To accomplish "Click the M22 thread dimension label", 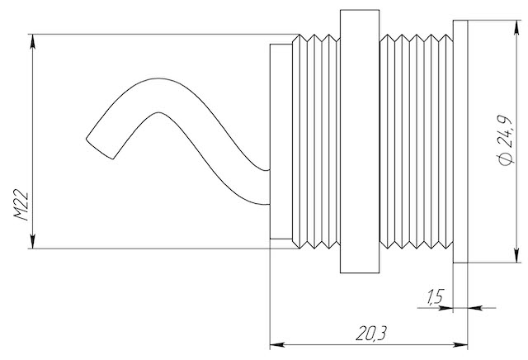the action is coord(21,206).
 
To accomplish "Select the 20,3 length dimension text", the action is coord(371,334).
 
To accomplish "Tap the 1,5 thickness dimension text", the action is coord(436,296).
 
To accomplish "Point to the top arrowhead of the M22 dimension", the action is coord(33,41).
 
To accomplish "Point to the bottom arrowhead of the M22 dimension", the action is coord(33,241).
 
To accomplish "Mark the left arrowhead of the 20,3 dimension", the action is coord(277,344).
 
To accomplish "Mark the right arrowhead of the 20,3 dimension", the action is coord(460,344).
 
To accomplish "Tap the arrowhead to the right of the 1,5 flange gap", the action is coord(475,307).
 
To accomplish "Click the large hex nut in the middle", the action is coord(360,141).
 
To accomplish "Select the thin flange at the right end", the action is coord(460,141).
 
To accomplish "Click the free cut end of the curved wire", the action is coord(99,149).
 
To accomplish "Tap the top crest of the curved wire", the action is coord(158,79).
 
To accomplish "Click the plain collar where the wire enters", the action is coord(280,141).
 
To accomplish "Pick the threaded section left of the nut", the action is coord(316,141).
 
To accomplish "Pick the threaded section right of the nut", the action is coord(416,141).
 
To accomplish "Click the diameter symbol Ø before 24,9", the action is coord(506,159).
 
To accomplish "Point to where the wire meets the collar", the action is coord(270,187).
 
